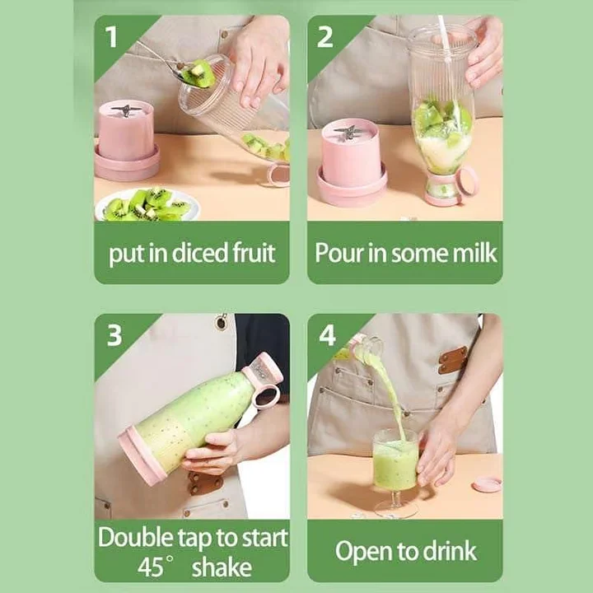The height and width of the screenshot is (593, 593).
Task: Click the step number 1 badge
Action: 110,35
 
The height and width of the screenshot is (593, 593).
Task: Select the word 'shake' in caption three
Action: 218,567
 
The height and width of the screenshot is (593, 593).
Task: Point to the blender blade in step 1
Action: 125,110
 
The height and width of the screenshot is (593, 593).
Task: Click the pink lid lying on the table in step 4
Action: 486,483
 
